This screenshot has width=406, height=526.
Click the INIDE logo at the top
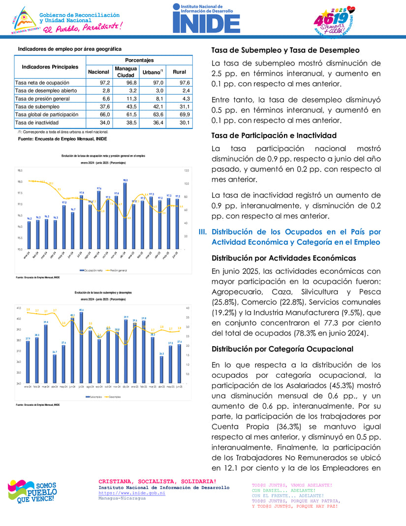tap(206, 19)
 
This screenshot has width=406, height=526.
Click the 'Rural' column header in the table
tap(179, 72)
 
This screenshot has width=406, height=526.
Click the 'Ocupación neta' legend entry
tap(92, 270)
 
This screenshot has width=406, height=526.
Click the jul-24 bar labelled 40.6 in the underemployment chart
tap(82, 347)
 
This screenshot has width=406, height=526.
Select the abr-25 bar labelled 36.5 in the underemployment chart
tap(161, 369)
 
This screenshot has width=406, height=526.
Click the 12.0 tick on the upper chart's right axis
tap(187, 171)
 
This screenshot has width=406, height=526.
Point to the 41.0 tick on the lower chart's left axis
tap(19, 308)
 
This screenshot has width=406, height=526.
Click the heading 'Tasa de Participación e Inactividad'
tap(274, 135)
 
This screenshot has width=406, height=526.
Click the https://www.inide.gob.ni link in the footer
tap(132, 493)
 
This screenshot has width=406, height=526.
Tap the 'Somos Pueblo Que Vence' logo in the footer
tap(32, 492)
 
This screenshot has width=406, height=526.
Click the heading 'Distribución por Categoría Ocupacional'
tap(282, 349)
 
